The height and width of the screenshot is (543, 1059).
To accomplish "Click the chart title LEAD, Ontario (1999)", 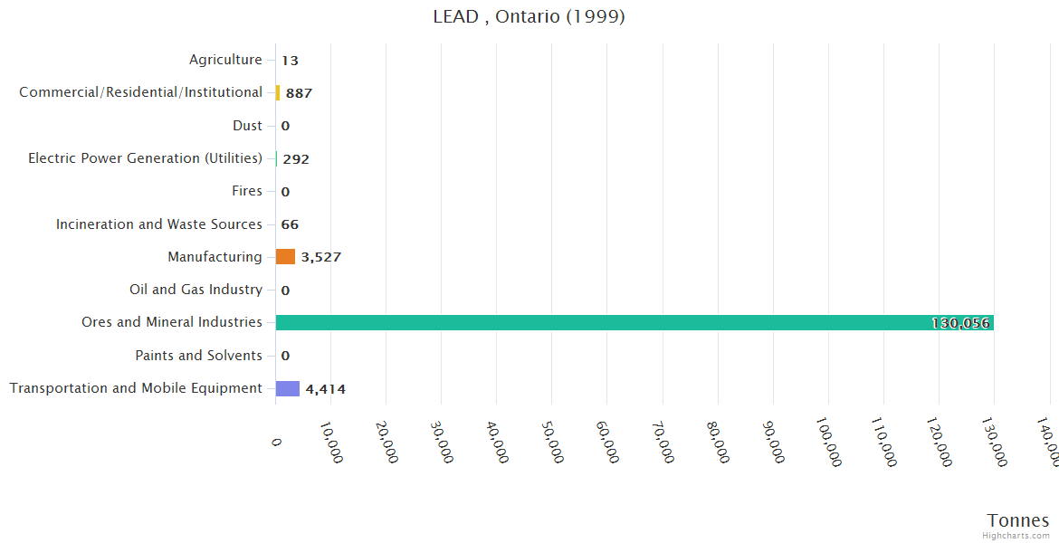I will click(529, 17).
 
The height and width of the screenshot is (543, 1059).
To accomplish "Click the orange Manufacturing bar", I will click(285, 257).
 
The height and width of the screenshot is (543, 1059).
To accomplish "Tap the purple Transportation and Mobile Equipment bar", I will click(287, 388).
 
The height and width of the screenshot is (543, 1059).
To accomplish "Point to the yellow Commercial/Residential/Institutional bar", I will click(278, 92).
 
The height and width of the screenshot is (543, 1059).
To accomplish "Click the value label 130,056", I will click(960, 323).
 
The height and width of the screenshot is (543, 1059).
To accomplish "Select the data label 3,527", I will click(321, 257).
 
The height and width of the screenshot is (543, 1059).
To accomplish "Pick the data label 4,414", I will click(325, 389).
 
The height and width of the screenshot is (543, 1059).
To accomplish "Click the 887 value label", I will click(299, 93).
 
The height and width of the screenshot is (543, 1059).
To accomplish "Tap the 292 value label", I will click(296, 159).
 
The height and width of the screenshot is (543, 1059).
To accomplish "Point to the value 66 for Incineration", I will click(290, 224).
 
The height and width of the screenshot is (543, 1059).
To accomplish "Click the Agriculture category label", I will click(225, 60).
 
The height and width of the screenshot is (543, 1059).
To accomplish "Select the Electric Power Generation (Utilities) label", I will click(145, 158).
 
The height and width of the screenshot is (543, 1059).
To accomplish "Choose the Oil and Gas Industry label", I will click(196, 290).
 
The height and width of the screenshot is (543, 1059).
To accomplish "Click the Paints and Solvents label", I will click(198, 356).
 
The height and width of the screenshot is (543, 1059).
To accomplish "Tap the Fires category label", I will click(247, 191).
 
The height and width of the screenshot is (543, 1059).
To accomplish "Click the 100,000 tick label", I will click(827, 443).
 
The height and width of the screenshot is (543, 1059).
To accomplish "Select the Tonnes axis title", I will click(1017, 520).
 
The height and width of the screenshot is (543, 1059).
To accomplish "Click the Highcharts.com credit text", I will click(1016, 536).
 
